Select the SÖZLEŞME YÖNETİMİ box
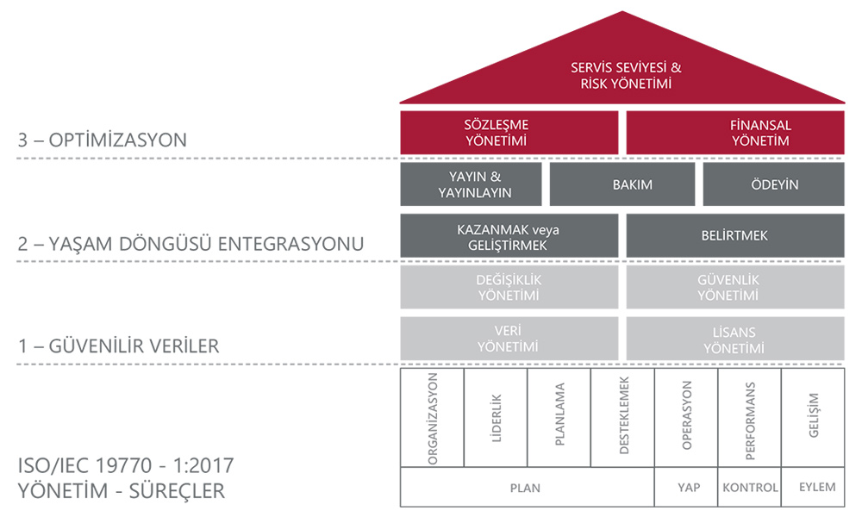(x=509, y=133)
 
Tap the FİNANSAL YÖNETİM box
(x=735, y=133)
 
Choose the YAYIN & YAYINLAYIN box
(x=472, y=184)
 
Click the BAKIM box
(x=622, y=184)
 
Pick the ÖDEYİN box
(x=773, y=184)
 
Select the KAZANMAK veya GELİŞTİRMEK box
(x=509, y=236)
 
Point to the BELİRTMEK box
(x=735, y=236)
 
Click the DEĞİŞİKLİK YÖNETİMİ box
(x=509, y=287)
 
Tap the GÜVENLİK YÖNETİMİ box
(x=735, y=287)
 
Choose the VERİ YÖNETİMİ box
(x=509, y=339)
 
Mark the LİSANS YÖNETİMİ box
(x=735, y=339)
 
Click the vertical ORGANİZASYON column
(x=432, y=418)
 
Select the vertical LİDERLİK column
(x=496, y=418)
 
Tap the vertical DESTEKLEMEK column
(x=622, y=418)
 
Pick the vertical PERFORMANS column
(x=749, y=418)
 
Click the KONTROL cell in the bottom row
(x=749, y=487)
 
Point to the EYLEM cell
(x=813, y=487)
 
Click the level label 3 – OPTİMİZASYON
(x=103, y=140)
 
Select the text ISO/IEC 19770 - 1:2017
(x=126, y=465)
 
